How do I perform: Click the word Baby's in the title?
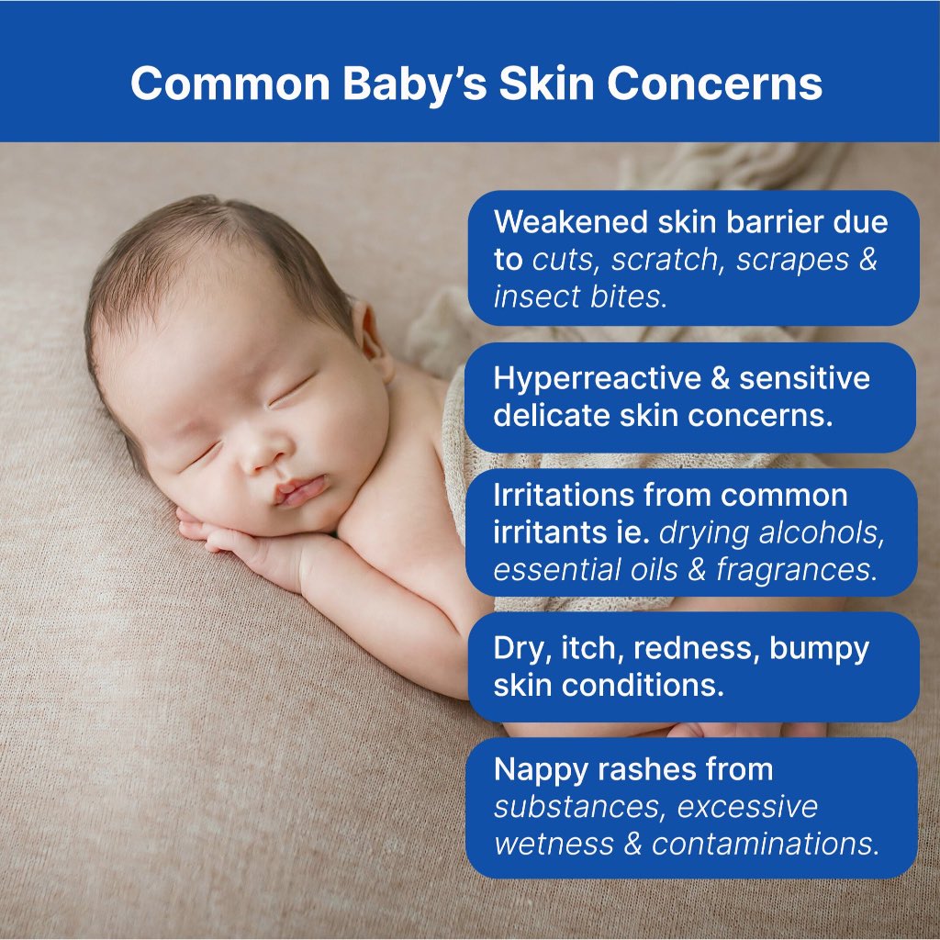tap(414, 84)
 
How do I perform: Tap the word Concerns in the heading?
tap(714, 83)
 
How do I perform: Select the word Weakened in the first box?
tap(571, 222)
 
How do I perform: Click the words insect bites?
tap(580, 297)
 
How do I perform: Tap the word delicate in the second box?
tap(552, 416)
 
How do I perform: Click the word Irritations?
tap(564, 495)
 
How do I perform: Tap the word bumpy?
tap(819, 650)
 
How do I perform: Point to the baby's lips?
tap(300, 489)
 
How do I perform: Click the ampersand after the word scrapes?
tap(867, 260)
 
